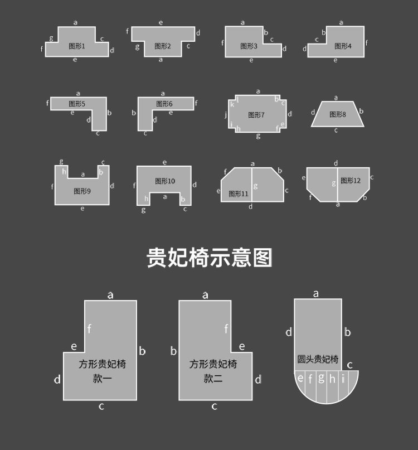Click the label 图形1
tap(77, 46)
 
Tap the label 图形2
tap(163, 46)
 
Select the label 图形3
tap(249, 46)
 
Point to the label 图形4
tap(343, 46)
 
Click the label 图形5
tap(77, 104)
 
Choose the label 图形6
tap(164, 104)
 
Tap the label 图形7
tap(256, 115)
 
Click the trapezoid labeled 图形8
tap(337, 114)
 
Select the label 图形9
tap(82, 191)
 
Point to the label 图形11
tap(238, 194)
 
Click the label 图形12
tap(351, 181)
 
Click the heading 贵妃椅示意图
tap(209, 258)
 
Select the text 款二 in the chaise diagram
tap(213, 379)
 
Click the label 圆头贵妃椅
tap(318, 359)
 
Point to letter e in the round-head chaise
tap(301, 379)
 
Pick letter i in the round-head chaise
tap(343, 379)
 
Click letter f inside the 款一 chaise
tap(89, 329)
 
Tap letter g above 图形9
tap(61, 162)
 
